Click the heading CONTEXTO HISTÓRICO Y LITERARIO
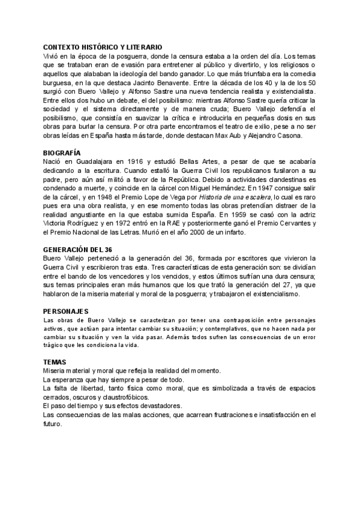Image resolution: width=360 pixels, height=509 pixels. tap(102, 47)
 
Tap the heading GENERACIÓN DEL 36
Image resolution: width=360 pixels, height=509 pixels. tap(79, 249)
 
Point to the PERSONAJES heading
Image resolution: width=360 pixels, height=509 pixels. tap(66, 311)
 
